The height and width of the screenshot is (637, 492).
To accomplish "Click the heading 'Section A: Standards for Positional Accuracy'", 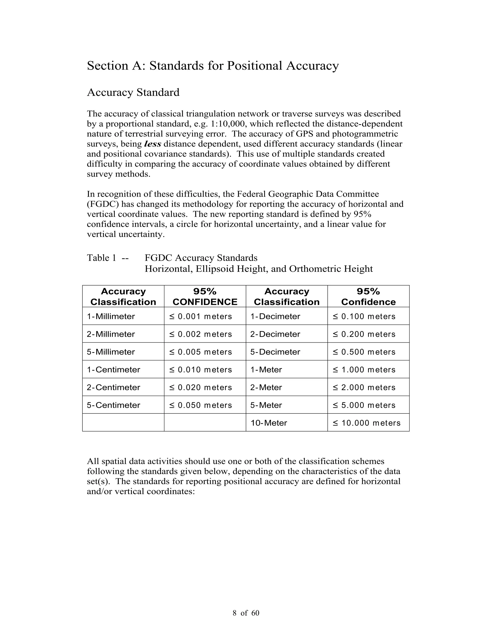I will click(x=213, y=66).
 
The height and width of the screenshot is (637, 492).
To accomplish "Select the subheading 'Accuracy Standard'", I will click(x=133, y=93).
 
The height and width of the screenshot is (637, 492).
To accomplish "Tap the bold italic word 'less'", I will click(x=153, y=144).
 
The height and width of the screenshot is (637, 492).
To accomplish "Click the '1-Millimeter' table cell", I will click(x=111, y=317).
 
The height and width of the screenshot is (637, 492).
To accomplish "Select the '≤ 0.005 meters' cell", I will click(x=201, y=352).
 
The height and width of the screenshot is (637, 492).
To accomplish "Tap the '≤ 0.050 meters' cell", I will click(x=201, y=405).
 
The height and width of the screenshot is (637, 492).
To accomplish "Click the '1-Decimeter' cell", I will click(x=275, y=317).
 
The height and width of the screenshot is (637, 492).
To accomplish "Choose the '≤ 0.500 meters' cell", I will click(x=364, y=352).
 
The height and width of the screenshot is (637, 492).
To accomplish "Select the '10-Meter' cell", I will click(x=269, y=423).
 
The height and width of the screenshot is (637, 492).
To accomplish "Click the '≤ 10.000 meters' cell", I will click(x=366, y=423).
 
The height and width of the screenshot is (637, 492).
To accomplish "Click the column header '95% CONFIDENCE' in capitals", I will click(x=205, y=297).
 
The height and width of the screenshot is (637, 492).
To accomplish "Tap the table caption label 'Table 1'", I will click(x=101, y=258).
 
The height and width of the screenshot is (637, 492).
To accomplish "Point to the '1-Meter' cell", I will click(x=266, y=370).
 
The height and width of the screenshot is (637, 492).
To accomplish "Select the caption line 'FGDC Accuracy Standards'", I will click(x=201, y=258).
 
